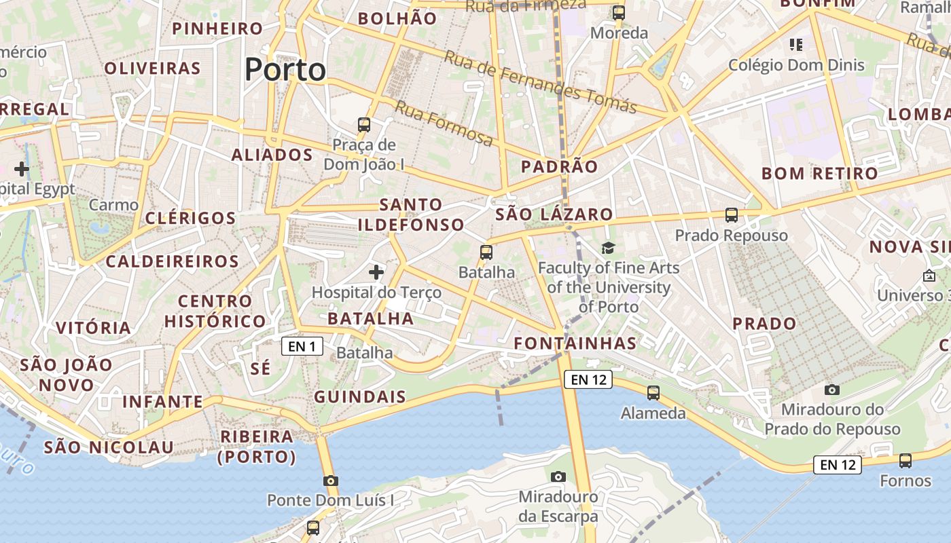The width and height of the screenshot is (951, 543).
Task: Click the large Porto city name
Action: (285, 69)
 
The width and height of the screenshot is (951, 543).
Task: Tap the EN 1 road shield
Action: (302, 347)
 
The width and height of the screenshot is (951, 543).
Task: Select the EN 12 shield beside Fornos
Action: (838, 465)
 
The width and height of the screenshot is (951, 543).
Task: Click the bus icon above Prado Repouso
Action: (732, 215)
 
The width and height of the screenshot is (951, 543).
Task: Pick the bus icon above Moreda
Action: (619, 12)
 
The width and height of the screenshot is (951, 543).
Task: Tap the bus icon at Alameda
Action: (653, 392)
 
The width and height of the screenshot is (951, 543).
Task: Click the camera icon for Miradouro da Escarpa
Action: (558, 476)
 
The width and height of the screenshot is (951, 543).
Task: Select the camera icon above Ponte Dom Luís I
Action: (331, 481)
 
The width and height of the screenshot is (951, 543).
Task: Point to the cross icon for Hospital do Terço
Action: (376, 272)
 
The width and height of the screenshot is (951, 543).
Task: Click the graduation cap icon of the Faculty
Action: (608, 248)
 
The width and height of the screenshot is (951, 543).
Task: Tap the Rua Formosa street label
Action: (444, 124)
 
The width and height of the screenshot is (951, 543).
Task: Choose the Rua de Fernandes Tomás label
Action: (540, 81)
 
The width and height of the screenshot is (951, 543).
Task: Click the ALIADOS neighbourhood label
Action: (272, 155)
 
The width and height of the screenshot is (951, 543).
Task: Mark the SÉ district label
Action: (260, 368)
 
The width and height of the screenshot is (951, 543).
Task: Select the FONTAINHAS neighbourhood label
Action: (575, 343)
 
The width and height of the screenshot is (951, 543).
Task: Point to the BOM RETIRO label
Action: (819, 173)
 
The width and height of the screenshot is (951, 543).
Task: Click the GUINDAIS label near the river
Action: (360, 397)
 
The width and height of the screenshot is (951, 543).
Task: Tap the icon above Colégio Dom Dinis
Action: (796, 45)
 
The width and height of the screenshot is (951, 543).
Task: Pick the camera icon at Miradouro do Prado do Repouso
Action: (831, 390)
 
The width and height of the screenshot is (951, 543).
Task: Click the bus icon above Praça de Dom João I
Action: (364, 125)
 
